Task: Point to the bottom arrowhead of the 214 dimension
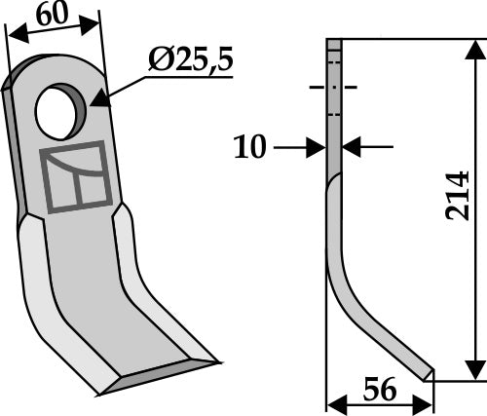tap(473, 371)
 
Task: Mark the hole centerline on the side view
tap(333, 88)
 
